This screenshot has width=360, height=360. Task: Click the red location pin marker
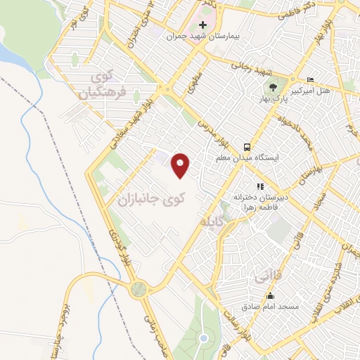point(181,165)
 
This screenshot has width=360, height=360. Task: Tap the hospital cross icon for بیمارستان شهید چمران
point(203,24)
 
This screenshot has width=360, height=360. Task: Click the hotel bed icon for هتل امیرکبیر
point(310,79)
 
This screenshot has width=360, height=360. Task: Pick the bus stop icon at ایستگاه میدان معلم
point(247,147)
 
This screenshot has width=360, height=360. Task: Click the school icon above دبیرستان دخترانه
point(259,186)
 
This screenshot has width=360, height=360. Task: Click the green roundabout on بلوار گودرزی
point(139,288)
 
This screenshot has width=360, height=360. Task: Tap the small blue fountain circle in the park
point(203,339)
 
